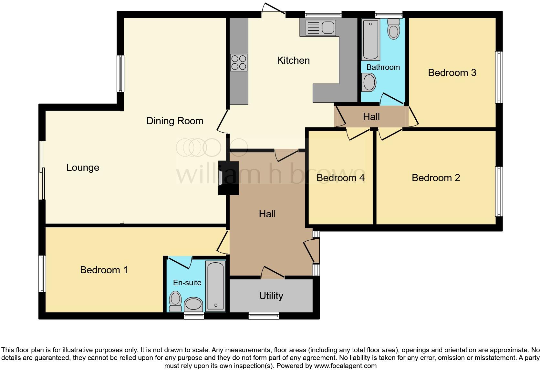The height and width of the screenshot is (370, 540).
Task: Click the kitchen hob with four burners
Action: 239,62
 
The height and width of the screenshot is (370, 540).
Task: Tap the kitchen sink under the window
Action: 318,27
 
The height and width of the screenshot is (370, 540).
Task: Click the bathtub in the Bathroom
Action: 370,39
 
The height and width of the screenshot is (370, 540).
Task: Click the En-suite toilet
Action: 176,301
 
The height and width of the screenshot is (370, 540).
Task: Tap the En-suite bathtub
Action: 215,287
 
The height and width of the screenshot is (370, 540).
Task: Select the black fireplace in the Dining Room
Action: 228,178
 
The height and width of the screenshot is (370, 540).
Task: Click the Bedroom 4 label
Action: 340,178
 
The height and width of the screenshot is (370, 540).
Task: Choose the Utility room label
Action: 271,296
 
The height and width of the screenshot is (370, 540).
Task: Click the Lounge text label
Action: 83,168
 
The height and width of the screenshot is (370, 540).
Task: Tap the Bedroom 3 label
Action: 452,72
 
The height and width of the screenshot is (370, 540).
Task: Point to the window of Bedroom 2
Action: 499,191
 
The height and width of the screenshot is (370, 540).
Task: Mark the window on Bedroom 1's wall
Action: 42,274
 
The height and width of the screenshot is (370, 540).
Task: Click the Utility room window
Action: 264,315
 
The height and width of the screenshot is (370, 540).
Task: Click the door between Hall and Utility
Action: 273,274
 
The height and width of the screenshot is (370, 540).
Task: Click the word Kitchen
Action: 293,60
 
